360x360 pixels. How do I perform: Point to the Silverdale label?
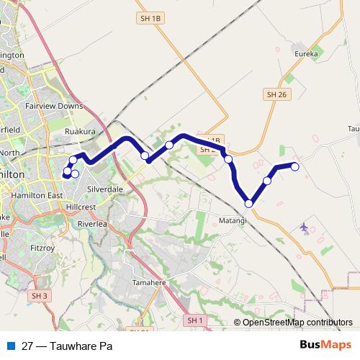[104, 189]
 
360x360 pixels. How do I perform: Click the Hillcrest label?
[80, 205]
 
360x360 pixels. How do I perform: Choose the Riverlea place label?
[91, 224]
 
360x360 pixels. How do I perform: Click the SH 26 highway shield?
[276, 94]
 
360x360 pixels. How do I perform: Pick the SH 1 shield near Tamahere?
[195, 320]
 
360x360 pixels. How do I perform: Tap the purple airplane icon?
[304, 228]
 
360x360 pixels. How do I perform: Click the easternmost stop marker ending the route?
[294, 167]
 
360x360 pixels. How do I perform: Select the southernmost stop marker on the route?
[249, 204]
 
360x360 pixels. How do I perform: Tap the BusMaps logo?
[324, 345]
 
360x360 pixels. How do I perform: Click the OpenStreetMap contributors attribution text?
[297, 323]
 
